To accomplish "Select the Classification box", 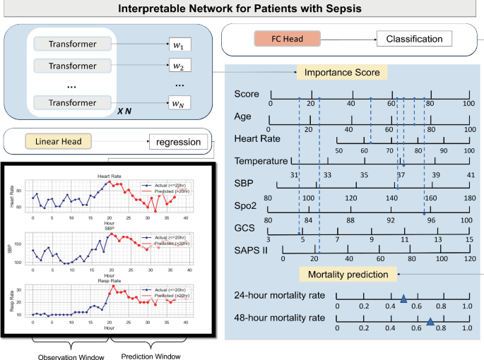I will pyautogui.click(x=414, y=39).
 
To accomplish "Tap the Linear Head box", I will pyautogui.click(x=61, y=142).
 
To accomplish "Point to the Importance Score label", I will pyautogui.click(x=342, y=72).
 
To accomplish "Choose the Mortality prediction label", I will pyautogui.click(x=348, y=274).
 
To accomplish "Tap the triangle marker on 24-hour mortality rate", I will pyautogui.click(x=403, y=299).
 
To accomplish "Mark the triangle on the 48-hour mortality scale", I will pyautogui.click(x=430, y=323).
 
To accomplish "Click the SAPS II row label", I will pyautogui.click(x=254, y=251).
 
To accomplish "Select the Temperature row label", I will pyautogui.click(x=261, y=161).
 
